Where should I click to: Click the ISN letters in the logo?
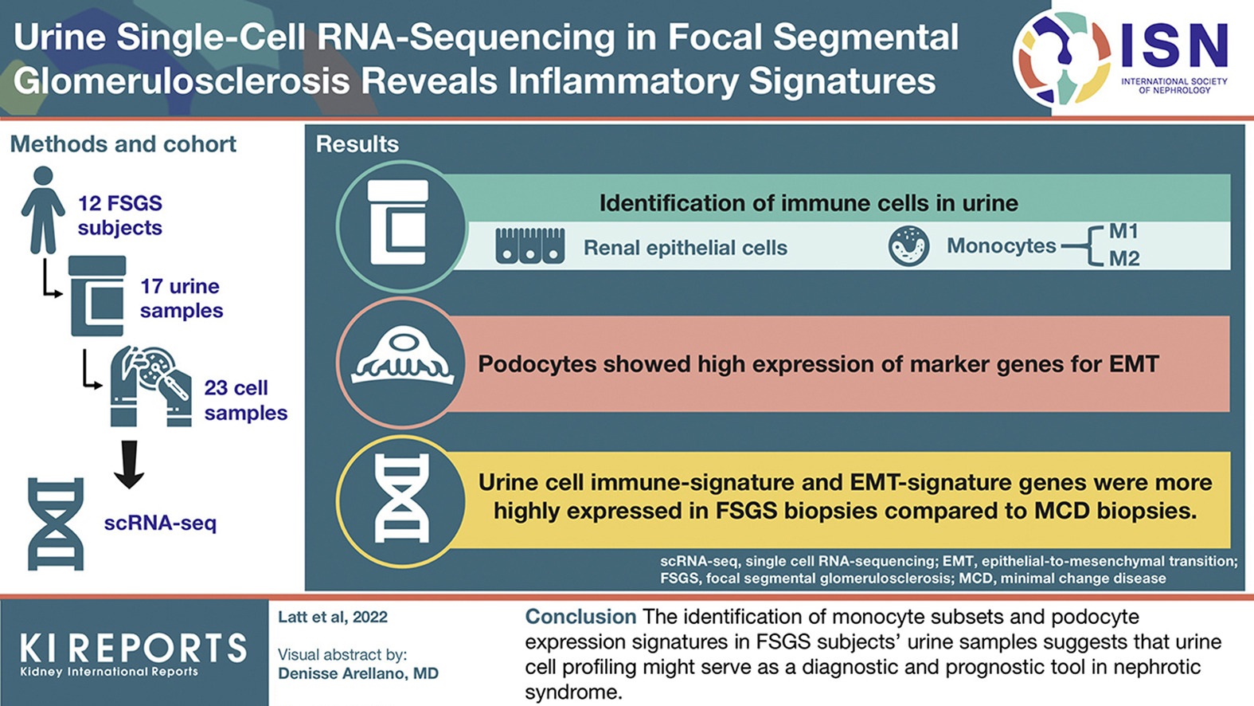tap(1174, 46)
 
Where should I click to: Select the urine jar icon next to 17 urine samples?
tap(97, 296)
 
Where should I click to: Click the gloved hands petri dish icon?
tap(150, 386)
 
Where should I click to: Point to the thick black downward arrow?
tap(129, 464)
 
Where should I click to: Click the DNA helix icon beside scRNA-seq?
tap(56, 524)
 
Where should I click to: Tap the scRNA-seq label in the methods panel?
tap(160, 524)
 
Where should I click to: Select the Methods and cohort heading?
tap(123, 144)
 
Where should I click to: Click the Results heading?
tap(357, 144)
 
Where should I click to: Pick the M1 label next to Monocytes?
tap(1123, 232)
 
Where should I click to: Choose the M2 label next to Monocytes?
tap(1123, 259)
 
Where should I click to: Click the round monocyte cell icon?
tap(908, 245)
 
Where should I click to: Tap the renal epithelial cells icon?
tap(530, 246)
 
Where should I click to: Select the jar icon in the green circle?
tap(399, 223)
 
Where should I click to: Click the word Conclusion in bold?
tap(580, 617)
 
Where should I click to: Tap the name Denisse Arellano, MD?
tap(357, 674)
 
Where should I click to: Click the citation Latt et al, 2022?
tap(332, 617)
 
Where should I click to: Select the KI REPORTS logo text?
tap(133, 649)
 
